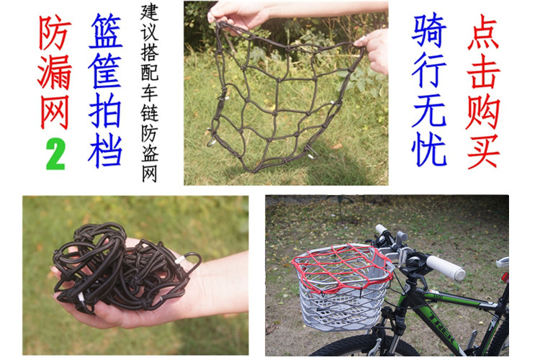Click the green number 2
click(55, 153)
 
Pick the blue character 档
click(105, 150)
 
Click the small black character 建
click(150, 13)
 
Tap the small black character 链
click(150, 112)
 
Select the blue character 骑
click(429, 30)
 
